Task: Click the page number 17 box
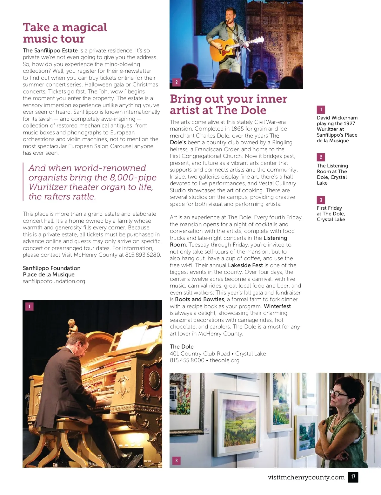353,477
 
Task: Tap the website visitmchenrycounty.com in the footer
306,477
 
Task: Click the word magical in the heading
84,28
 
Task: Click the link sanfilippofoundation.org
54,281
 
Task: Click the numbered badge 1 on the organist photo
29,306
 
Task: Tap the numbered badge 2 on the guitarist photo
177,82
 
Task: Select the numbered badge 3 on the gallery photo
177,460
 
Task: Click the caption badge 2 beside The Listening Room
321,157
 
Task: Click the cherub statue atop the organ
72,328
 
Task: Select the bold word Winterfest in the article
277,306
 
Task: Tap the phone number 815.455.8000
187,360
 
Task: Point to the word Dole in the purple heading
253,110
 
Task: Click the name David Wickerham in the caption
337,118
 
